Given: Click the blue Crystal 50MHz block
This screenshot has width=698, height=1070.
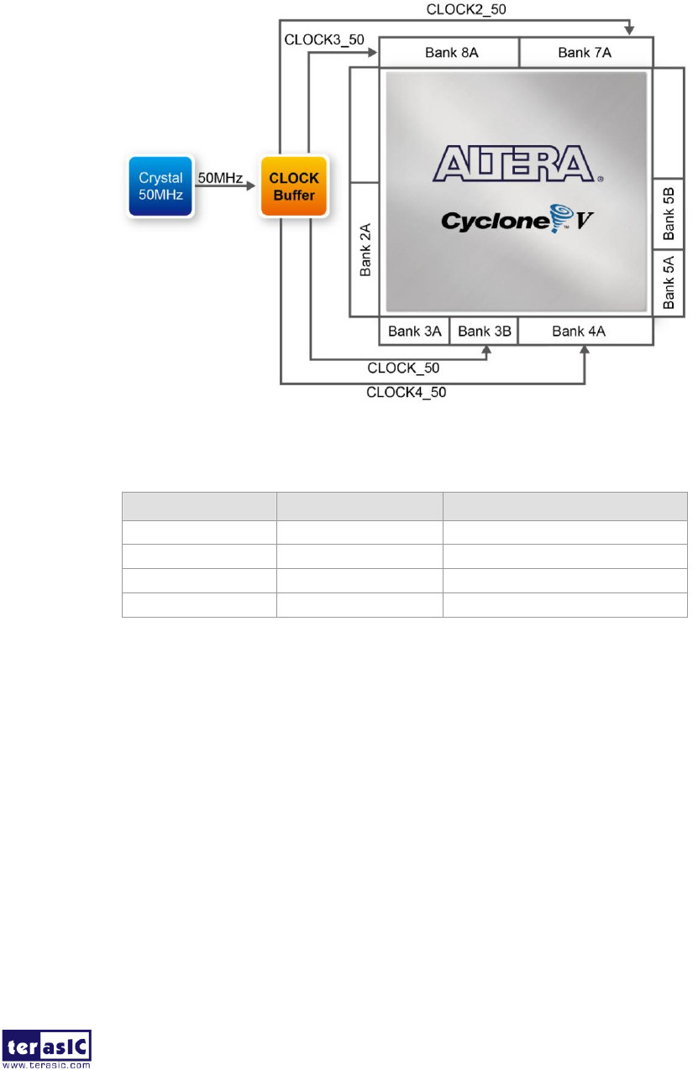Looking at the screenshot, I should pos(160,185).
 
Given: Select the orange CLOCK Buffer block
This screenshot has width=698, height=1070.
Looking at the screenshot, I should pos(294,185).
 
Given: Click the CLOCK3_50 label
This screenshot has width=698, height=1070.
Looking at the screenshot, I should pos(324,39).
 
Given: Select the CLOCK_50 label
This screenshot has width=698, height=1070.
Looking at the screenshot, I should pos(403,367).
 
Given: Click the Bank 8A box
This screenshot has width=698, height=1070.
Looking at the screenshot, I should pos(449,53).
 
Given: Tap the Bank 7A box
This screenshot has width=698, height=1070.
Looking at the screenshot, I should pos(586,53).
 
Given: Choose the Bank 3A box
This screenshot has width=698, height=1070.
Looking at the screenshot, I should pos(414,331).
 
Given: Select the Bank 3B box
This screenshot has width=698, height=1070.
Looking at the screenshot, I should pos(484,331).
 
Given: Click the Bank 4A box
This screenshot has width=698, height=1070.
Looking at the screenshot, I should pos(585,331).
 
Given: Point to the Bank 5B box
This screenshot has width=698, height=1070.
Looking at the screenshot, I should pos(669,214).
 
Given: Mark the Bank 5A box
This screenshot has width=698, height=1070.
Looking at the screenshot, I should pos(669,283).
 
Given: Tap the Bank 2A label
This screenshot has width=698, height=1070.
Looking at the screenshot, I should pos(365,250).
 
